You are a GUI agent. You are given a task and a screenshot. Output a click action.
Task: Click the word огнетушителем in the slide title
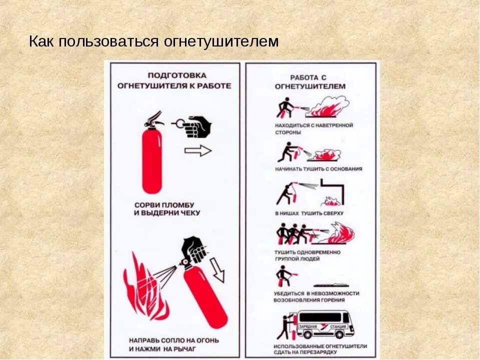click(221, 41)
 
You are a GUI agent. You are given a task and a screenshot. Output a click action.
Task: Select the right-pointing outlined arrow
click(198, 150)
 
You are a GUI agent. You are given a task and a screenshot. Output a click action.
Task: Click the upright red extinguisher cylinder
click(152, 160)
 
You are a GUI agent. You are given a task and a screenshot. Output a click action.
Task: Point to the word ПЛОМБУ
click(176, 205)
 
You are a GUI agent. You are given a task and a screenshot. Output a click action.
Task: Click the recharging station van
click(325, 323)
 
